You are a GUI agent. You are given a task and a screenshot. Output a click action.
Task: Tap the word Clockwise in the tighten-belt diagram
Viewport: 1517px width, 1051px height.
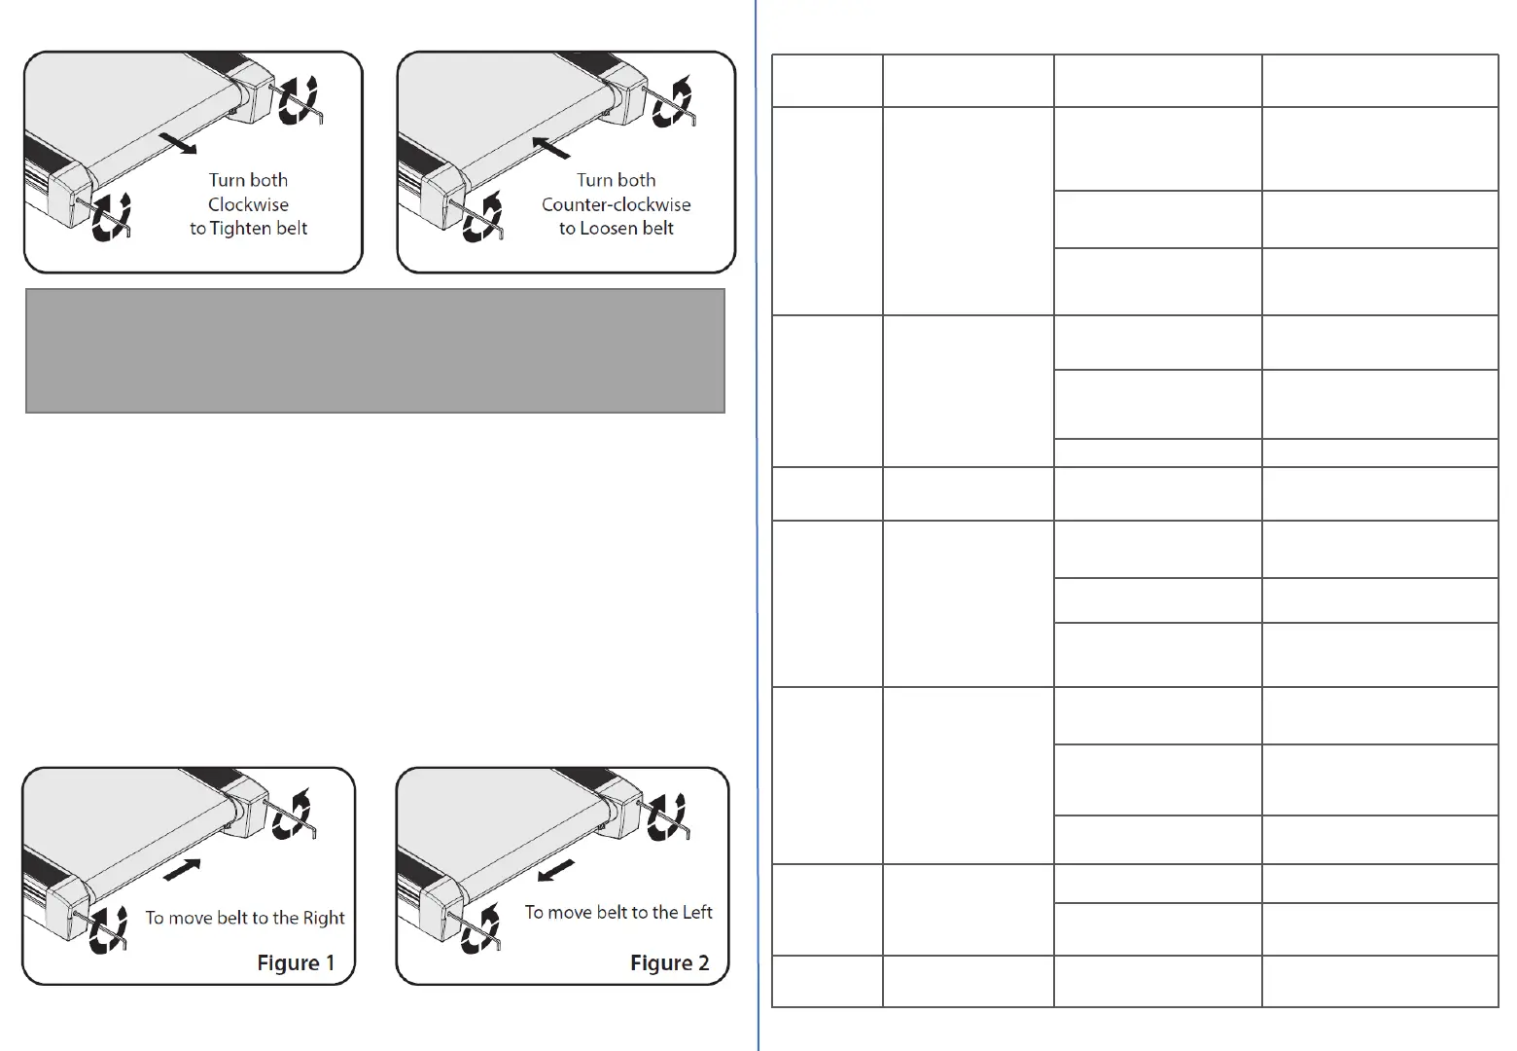[x=248, y=204]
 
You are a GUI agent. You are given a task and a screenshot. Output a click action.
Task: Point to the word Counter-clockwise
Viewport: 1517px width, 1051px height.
[x=616, y=204]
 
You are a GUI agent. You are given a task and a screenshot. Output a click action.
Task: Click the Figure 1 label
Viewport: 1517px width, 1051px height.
[x=296, y=962]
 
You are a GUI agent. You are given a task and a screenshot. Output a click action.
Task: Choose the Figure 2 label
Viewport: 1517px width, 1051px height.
[x=669, y=962]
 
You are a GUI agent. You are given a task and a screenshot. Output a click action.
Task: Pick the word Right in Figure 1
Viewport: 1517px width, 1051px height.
[x=324, y=918]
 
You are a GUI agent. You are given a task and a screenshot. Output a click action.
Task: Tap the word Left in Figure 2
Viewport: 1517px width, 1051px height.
[x=697, y=912]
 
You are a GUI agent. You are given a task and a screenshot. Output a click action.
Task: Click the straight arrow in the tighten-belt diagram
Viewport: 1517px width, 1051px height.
[x=177, y=145]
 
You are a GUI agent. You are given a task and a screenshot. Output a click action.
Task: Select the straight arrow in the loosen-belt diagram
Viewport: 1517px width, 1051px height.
[x=551, y=147]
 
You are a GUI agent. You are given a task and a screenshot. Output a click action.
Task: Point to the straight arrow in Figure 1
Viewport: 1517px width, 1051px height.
[x=182, y=869]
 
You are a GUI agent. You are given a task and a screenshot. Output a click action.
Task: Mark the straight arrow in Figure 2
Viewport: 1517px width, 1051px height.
[x=555, y=869]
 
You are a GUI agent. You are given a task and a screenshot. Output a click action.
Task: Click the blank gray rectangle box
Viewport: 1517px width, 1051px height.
[x=374, y=350]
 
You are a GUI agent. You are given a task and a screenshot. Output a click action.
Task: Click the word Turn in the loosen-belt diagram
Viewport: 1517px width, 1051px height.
[x=593, y=180]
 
